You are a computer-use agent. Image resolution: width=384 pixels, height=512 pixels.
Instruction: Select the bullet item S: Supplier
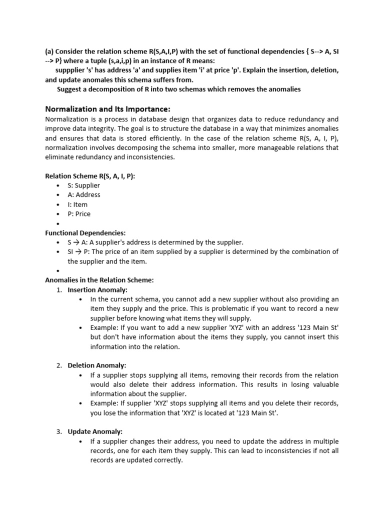[83, 185]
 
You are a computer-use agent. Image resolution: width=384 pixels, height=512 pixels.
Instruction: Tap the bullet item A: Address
[83, 194]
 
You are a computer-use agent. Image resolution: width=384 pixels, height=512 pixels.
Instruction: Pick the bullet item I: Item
[77, 204]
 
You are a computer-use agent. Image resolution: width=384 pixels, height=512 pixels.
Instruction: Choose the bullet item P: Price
[79, 213]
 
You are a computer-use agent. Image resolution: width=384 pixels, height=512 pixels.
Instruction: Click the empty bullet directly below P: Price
[58, 223]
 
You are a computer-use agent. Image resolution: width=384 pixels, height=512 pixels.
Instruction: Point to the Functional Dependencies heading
[85, 233]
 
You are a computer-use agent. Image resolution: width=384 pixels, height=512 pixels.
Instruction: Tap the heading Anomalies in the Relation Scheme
[99, 280]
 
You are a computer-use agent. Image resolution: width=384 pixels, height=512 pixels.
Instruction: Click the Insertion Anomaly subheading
[97, 289]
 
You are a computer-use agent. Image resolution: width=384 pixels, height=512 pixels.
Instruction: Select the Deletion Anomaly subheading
[97, 365]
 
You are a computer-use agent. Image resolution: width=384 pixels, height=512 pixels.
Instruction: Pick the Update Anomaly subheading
[95, 431]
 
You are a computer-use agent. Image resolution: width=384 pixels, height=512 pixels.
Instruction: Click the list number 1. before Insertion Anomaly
[58, 289]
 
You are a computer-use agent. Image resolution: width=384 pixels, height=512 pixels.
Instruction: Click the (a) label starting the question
[49, 51]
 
